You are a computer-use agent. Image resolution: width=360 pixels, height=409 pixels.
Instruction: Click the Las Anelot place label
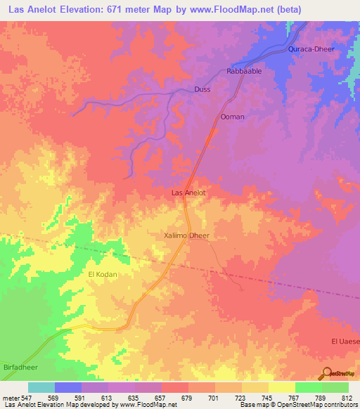pos(188,193)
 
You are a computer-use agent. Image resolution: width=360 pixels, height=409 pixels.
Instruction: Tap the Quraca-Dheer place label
pos(309,50)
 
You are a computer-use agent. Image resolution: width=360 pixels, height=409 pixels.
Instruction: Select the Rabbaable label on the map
pos(244,72)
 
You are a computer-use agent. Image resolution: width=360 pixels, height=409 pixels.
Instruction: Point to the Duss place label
pos(202,90)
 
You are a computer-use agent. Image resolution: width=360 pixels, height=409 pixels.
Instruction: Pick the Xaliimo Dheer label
pos(186,237)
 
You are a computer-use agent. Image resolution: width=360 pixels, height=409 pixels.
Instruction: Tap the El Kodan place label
pos(101,273)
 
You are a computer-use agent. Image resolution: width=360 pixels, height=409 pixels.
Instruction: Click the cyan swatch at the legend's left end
pos(41,387)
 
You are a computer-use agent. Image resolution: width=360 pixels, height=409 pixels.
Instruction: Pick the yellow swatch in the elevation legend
pos(281,387)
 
